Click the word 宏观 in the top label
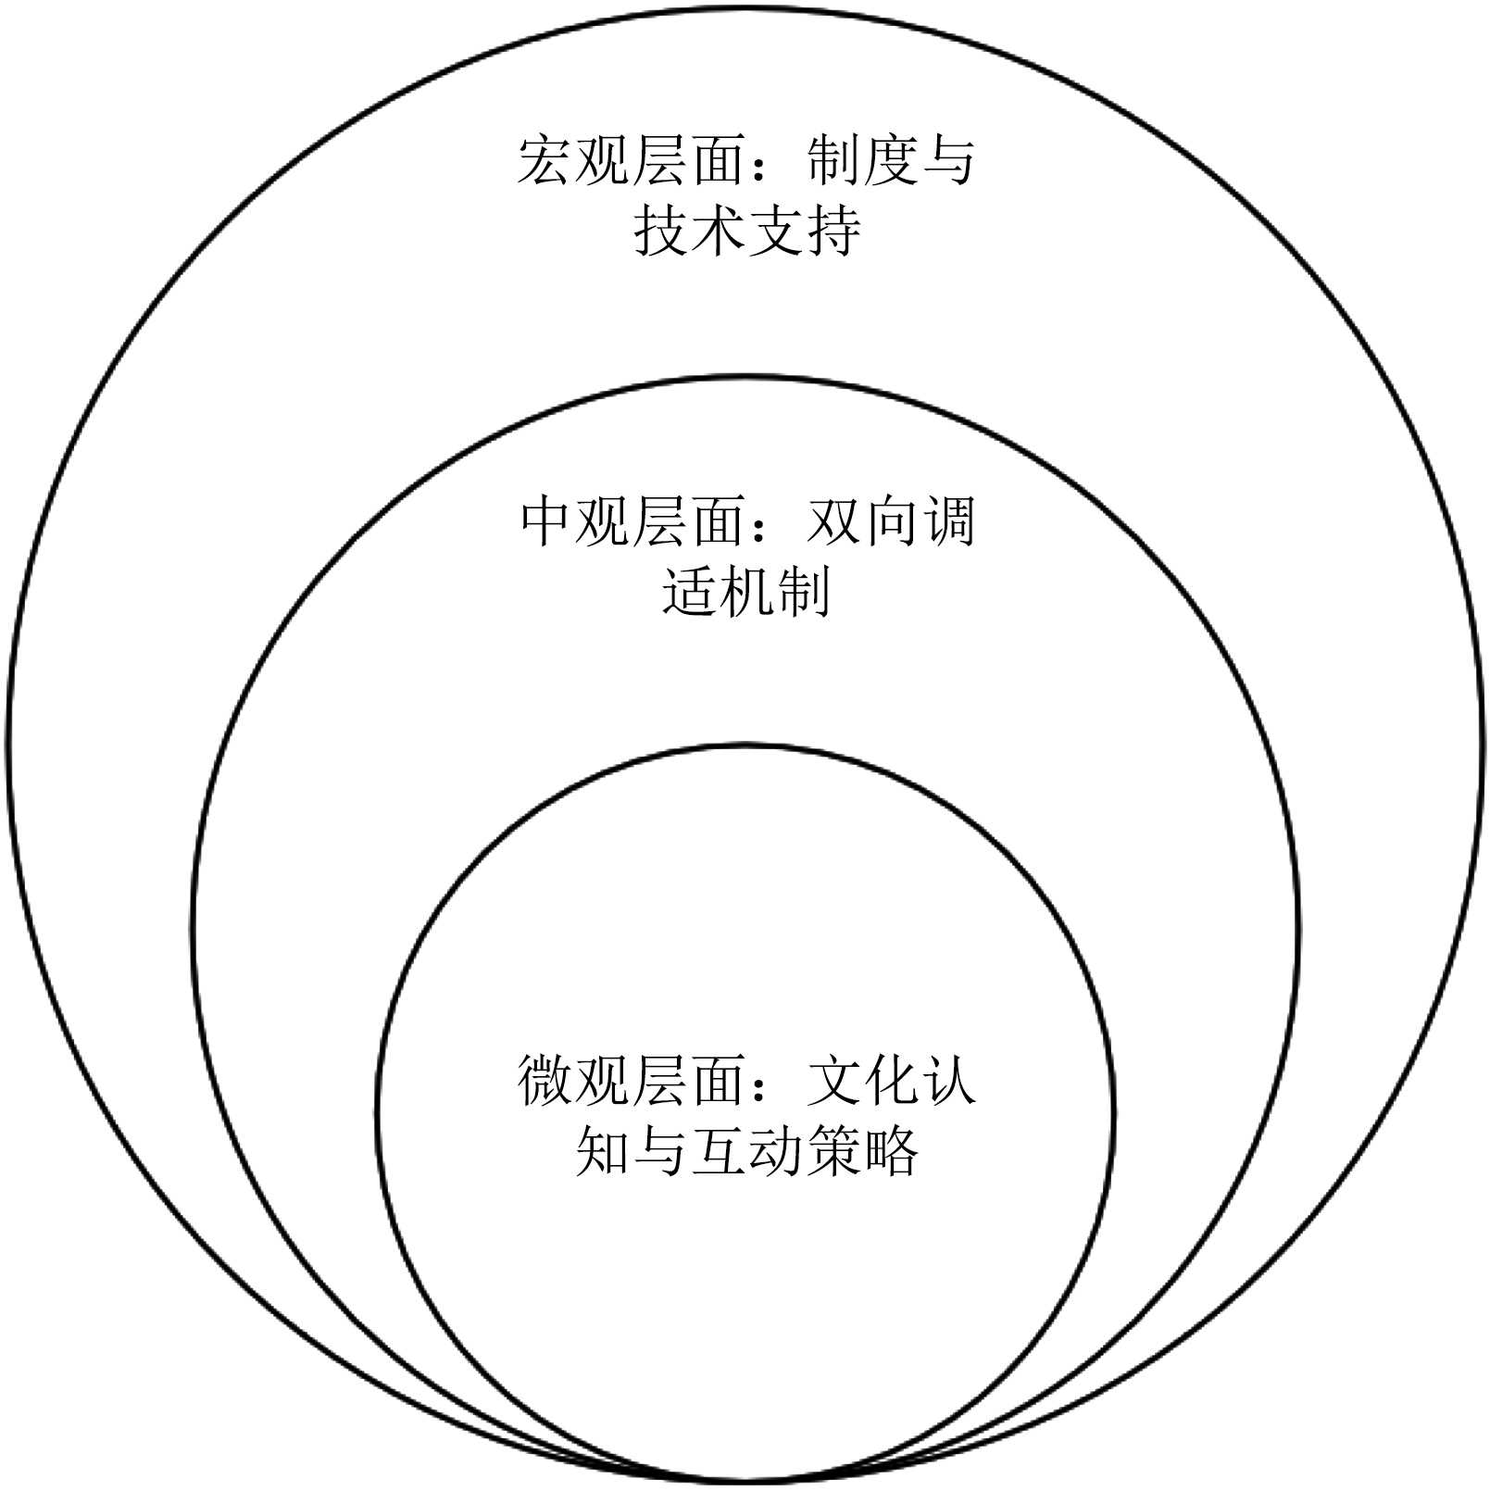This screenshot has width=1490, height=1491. (x=573, y=160)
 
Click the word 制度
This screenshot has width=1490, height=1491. (x=861, y=160)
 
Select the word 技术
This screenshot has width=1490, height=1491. (x=689, y=230)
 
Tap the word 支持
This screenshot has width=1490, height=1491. (x=804, y=230)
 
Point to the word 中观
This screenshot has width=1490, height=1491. (x=573, y=521)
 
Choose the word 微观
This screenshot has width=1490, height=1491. (x=573, y=1080)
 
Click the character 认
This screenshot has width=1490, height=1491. (x=947, y=1080)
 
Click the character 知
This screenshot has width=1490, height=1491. (x=603, y=1150)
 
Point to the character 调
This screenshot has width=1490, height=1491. (x=947, y=521)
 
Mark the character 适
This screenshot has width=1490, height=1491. (x=689, y=591)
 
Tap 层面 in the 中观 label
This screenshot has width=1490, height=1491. (x=689, y=521)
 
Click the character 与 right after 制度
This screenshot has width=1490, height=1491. (x=947, y=160)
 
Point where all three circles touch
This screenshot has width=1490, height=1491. (x=745, y=1480)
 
